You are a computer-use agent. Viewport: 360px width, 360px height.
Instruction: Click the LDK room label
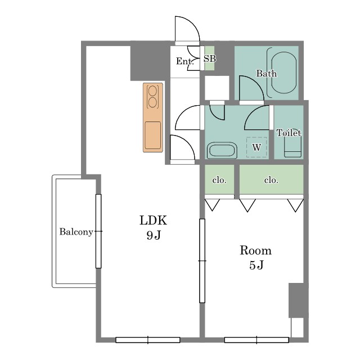(153, 220)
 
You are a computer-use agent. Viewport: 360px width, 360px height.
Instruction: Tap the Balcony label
(76, 232)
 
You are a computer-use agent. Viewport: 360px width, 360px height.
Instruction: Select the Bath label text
(266, 74)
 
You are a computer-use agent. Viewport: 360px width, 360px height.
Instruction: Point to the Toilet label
(289, 133)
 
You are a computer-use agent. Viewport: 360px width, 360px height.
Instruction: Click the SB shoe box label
(210, 58)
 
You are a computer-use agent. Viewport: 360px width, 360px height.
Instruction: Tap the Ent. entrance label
(185, 61)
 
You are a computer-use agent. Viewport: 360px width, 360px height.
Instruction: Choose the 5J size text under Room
(256, 265)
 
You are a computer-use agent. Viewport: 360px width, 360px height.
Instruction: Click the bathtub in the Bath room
(283, 73)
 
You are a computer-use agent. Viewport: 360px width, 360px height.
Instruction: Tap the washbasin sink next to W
(222, 150)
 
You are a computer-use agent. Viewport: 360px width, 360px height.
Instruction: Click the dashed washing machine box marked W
(256, 147)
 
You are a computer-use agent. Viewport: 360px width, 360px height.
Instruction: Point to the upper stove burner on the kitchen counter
(152, 91)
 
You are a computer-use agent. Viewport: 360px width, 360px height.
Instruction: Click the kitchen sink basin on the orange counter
(153, 136)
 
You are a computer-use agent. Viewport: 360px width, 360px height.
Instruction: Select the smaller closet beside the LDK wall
(219, 179)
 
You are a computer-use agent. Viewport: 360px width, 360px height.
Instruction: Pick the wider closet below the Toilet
(271, 179)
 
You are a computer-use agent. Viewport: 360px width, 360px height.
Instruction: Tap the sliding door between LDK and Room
(202, 261)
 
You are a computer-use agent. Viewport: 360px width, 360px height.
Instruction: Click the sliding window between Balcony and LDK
(98, 231)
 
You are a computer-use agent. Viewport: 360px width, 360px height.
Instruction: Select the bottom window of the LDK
(148, 340)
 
